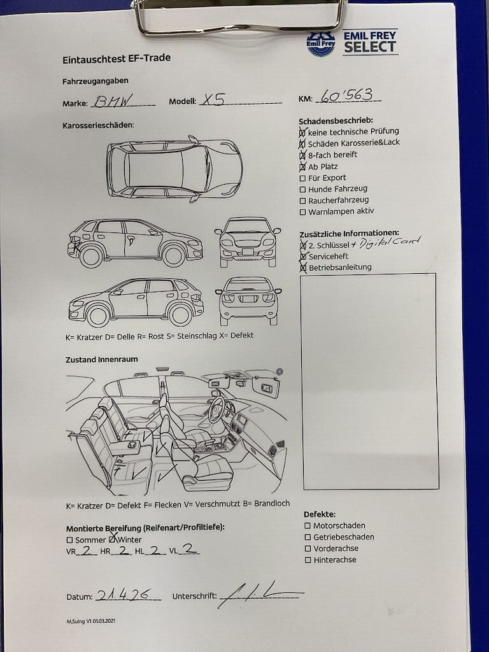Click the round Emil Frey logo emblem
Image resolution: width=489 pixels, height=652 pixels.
coord(321,43)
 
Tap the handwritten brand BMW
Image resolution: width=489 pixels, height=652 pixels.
coord(112,101)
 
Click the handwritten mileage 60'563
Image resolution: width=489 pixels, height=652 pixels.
coord(347,96)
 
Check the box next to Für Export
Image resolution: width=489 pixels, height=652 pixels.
coord(302,178)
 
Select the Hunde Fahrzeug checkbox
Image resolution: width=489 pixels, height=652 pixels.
coord(302,190)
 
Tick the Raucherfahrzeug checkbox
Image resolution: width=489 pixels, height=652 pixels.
coord(302,201)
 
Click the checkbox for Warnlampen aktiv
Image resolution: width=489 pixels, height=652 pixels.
coord(302,212)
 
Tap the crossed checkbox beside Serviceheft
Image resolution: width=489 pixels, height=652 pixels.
coord(304,257)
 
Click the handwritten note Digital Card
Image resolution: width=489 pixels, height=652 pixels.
coord(390,243)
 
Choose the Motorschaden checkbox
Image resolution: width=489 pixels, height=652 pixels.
coord(308,526)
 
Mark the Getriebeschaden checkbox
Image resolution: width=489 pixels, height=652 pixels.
coord(308,537)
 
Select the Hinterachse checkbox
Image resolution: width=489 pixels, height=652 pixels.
coord(308,560)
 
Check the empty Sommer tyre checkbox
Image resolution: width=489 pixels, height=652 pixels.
coord(69,540)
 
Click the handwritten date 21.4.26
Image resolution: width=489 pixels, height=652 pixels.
coord(122,595)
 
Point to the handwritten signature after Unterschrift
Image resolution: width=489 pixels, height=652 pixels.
coord(260,594)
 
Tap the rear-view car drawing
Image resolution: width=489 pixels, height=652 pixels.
coord(248,301)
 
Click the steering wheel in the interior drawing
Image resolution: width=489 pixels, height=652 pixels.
coord(216,409)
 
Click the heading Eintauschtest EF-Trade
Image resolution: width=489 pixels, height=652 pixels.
coord(117,59)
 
